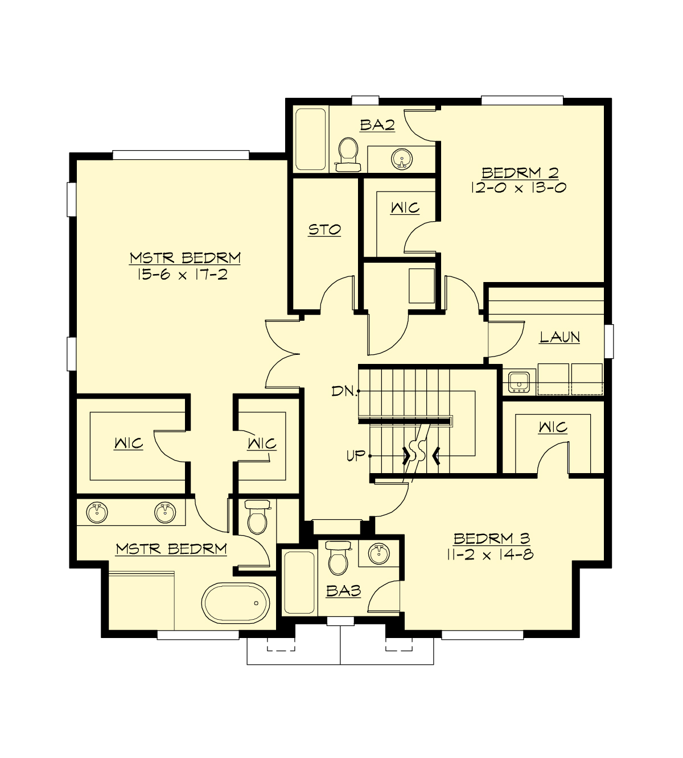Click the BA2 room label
pyautogui.click(x=377, y=125)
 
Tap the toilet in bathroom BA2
pyautogui.click(x=348, y=154)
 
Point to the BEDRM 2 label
pyautogui.click(x=520, y=172)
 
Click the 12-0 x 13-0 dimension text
pyautogui.click(x=518, y=188)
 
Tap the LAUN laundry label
pyautogui.click(x=559, y=337)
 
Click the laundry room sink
pyautogui.click(x=519, y=380)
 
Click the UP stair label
pyautogui.click(x=356, y=455)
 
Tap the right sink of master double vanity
pyautogui.click(x=166, y=512)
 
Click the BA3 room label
pyautogui.click(x=343, y=591)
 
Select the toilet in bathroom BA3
pyautogui.click(x=338, y=559)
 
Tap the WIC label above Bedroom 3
pyautogui.click(x=552, y=426)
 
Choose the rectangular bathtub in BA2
pyautogui.click(x=311, y=139)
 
